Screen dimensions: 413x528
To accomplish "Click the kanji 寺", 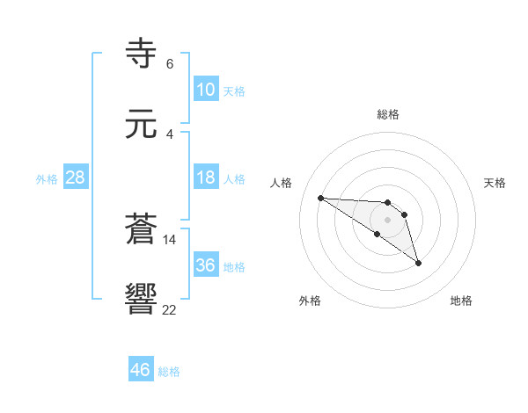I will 143,54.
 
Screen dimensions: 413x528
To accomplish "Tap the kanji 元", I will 143,125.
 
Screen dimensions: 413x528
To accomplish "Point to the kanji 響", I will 143,299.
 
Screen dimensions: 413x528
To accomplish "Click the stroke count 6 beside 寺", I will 169,64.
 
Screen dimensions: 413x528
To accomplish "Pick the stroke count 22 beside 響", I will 169,308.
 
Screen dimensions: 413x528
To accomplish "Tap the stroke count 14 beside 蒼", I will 169,239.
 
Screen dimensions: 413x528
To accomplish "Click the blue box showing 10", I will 205,89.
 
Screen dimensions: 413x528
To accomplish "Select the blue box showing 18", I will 205,178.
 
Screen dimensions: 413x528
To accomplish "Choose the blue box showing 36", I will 205,264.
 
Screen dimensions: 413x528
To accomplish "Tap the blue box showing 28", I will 76,178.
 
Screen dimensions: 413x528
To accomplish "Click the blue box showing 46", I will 141,370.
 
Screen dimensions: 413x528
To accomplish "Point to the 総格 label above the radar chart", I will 388,114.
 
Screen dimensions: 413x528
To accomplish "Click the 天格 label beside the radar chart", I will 495,183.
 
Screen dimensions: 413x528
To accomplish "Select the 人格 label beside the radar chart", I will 282,183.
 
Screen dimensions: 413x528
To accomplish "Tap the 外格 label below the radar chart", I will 310,301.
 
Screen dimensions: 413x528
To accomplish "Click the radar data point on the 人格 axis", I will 320,198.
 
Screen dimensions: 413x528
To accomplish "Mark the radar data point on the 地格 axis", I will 418,263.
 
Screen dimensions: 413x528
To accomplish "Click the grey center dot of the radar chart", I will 387,220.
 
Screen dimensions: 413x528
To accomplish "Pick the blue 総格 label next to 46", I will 169,372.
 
